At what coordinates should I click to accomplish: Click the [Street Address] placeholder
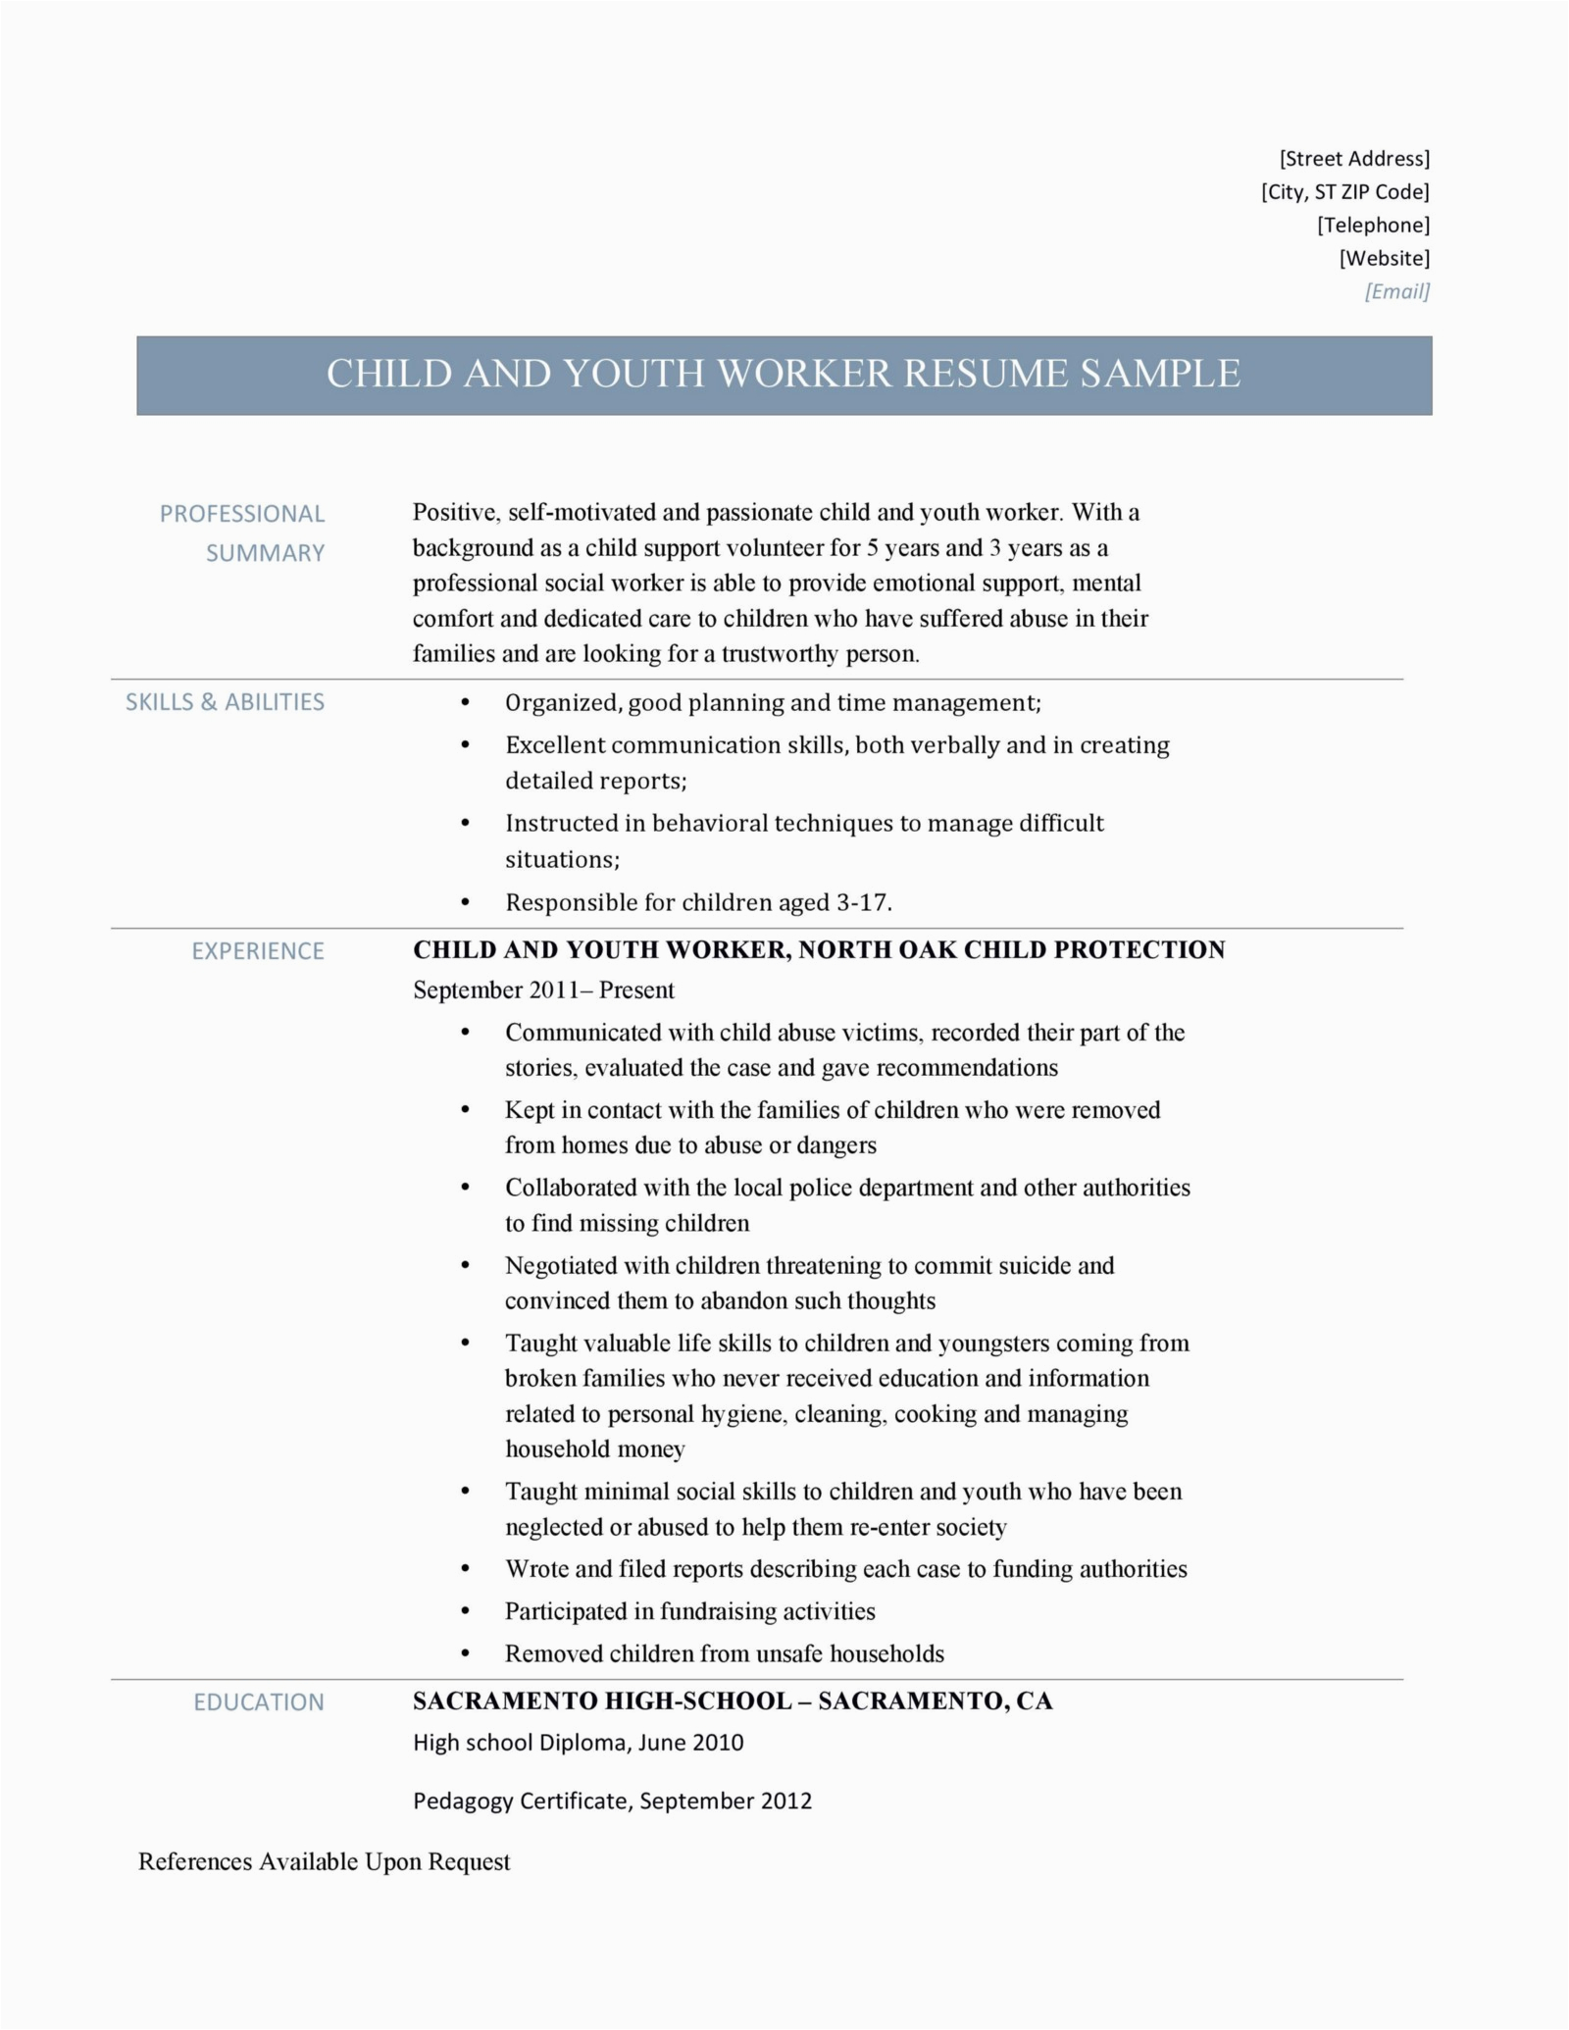point(1354,159)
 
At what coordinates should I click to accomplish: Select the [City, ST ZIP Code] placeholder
point(1344,192)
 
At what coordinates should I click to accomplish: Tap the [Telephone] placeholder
point(1373,226)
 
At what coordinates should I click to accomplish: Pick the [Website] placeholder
point(1384,259)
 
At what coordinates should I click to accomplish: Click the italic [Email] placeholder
point(1396,291)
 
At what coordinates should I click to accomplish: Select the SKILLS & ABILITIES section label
point(225,702)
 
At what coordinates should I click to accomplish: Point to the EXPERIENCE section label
point(257,951)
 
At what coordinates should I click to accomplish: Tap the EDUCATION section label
point(258,1702)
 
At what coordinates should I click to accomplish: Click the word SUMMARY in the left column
point(265,553)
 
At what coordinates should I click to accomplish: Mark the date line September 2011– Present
point(543,990)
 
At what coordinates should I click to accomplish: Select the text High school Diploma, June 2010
point(578,1743)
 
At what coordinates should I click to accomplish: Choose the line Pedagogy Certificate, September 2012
point(612,1802)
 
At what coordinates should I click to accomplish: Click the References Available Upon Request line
point(324,1862)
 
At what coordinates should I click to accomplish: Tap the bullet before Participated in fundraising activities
point(466,1611)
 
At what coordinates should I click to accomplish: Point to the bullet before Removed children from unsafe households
point(466,1653)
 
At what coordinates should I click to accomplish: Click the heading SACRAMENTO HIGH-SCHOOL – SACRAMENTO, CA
point(733,1701)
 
